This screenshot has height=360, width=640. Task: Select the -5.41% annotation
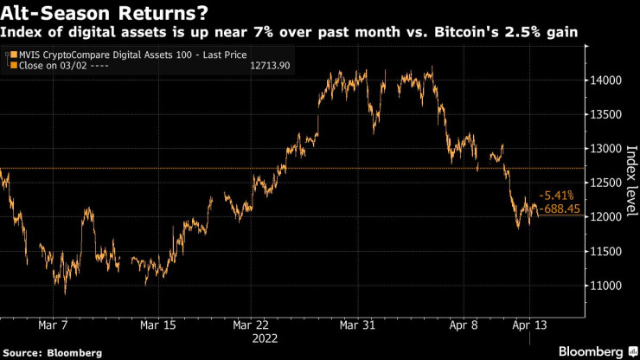pyautogui.click(x=555, y=196)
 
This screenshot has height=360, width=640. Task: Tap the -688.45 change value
pyautogui.click(x=558, y=209)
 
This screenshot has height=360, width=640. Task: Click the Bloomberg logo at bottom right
pyautogui.click(x=593, y=352)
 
